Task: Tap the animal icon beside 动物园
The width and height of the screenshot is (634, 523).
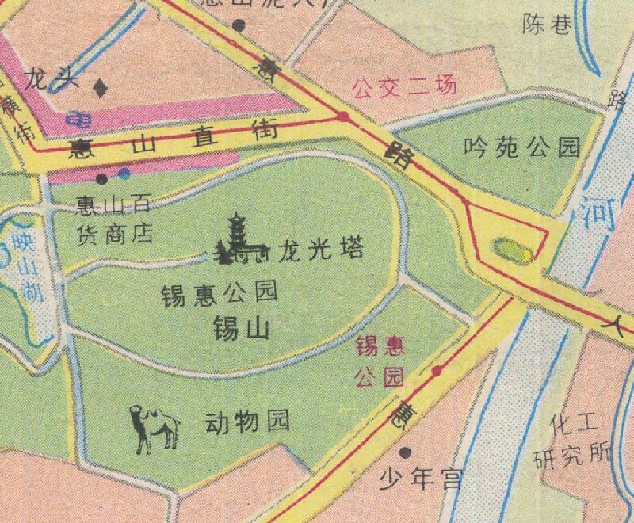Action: coord(155,429)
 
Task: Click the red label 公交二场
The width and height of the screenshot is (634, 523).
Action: coord(403,86)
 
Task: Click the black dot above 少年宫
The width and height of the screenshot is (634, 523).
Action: coord(407,452)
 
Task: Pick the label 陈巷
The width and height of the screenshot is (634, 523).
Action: coord(547,26)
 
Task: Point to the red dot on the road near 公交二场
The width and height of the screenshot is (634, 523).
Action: coord(343,118)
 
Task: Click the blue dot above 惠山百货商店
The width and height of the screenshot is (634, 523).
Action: coord(124,174)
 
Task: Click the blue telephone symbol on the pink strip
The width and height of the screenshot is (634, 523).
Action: coord(78,121)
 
